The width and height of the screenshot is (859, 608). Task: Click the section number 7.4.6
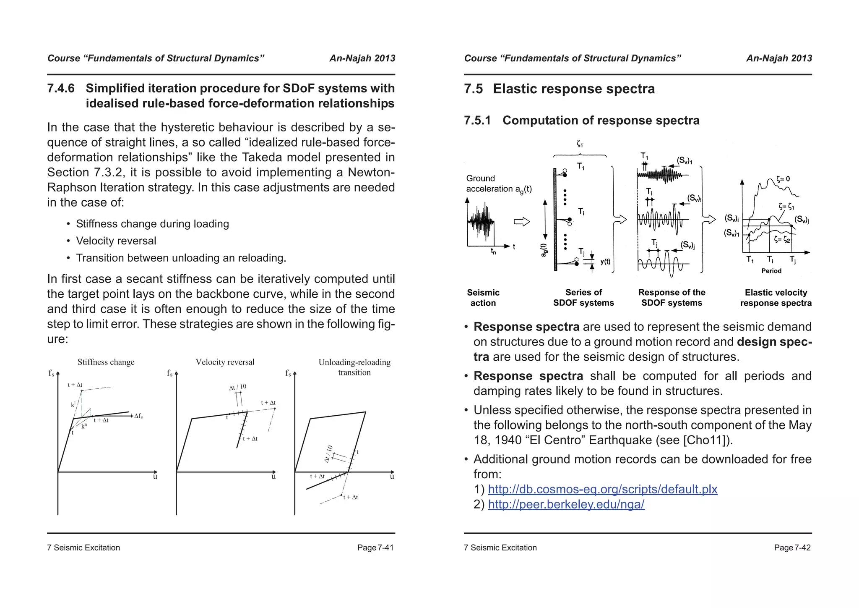[61, 89]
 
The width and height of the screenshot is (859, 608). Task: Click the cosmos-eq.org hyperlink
[602, 489]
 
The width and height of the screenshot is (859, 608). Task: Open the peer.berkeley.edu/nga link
[566, 504]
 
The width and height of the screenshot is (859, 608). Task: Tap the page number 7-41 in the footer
[375, 548]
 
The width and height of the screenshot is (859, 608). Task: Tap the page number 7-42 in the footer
[792, 548]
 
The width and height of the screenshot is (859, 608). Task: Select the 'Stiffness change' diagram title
[106, 362]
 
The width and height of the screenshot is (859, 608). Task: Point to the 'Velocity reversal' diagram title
[225, 362]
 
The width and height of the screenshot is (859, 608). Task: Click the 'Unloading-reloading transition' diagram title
[354, 367]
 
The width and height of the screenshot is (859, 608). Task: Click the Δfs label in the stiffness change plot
[138, 416]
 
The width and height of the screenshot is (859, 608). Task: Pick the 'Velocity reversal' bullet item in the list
[116, 241]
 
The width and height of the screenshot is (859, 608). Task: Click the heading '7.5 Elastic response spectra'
[559, 89]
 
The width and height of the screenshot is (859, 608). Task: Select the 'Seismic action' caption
[483, 298]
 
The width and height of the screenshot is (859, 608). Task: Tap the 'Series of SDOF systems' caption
[583, 298]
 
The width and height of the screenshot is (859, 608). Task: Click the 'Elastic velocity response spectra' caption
[776, 298]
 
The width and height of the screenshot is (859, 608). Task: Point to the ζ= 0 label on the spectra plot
[783, 179]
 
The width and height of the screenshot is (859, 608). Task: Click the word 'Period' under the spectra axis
[771, 271]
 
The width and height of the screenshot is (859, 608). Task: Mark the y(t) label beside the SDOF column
[605, 262]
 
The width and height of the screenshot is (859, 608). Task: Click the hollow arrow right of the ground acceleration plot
[522, 222]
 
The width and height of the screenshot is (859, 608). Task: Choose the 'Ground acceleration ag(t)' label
[498, 184]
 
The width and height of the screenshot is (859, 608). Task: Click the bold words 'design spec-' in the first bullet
[774, 342]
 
